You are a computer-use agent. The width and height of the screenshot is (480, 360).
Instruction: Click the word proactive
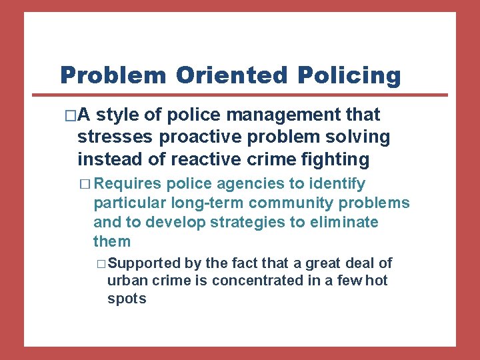191,137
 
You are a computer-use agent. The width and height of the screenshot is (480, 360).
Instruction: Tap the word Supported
143,263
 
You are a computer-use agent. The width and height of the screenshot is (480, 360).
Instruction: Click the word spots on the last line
126,299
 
